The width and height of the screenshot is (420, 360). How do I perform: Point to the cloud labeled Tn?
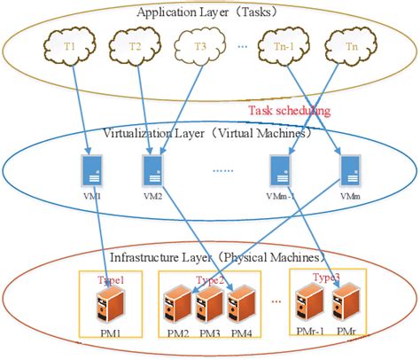(352, 44)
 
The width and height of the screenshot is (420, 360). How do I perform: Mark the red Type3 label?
(325, 278)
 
